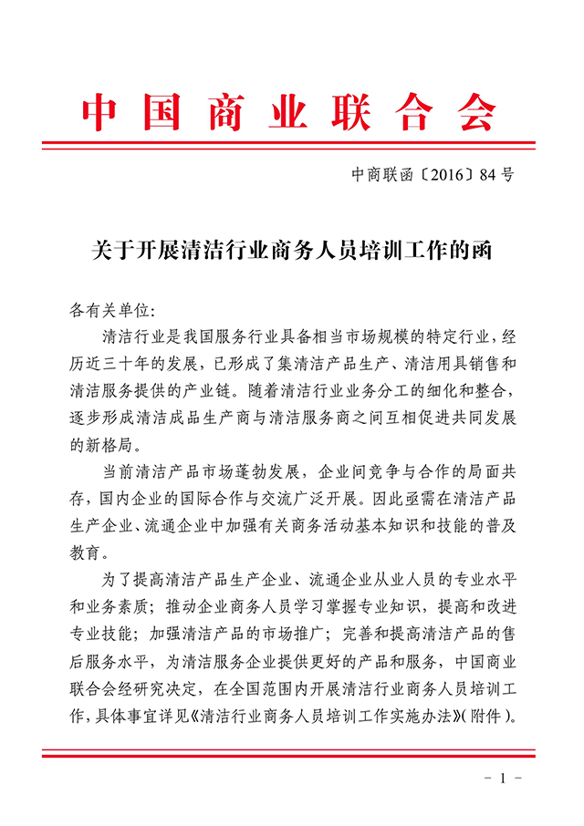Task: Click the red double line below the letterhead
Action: coord(292,145)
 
